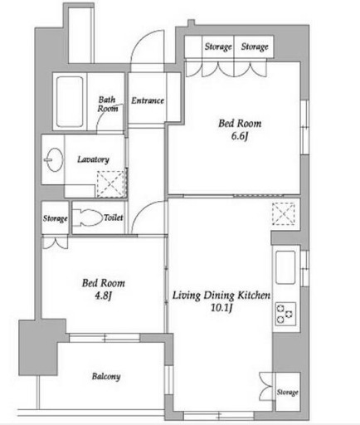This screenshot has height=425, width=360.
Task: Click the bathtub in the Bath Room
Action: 70,101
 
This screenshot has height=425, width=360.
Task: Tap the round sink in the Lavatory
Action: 54,160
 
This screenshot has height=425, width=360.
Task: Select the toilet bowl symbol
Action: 87,217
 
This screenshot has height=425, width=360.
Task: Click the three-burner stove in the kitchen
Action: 285,314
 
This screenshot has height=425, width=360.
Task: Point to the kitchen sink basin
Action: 285,267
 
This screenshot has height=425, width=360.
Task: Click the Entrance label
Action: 148,100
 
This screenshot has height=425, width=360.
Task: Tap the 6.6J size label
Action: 240,136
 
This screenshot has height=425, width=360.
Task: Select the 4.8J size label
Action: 103,296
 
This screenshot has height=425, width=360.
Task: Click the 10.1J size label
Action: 221,308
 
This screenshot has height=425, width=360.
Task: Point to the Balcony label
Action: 106,377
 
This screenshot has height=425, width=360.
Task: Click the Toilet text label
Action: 114,217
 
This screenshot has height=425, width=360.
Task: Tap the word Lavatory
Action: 93,159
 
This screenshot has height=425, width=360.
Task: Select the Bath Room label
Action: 108,104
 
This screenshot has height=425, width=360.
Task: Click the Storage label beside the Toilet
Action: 56,218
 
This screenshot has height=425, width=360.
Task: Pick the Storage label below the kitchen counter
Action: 288,392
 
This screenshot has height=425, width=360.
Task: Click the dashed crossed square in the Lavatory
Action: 110,184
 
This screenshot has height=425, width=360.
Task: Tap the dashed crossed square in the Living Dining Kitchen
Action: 283,213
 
